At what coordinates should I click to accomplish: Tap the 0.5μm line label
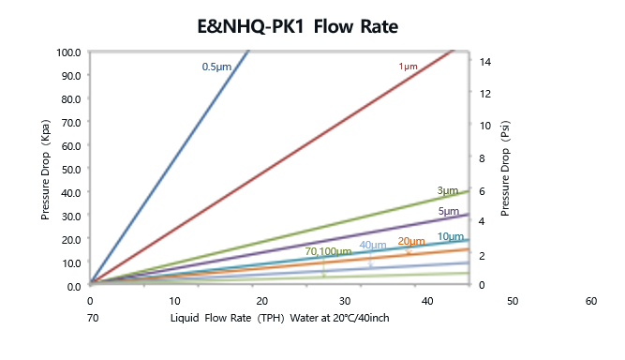216,67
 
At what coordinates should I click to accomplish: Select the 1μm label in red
408,67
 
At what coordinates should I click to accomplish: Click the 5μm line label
448,212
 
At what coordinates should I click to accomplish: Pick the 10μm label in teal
451,236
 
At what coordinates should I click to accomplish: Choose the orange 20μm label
411,242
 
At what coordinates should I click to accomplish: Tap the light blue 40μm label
373,246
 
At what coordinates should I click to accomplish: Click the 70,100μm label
328,251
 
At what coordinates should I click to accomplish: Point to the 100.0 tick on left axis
68,52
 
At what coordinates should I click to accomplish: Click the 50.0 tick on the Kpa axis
71,169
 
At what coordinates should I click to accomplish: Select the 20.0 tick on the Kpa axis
71,239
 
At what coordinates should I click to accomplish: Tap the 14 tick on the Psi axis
482,62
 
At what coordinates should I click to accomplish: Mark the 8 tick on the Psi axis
482,157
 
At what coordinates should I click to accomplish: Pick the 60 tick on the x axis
590,301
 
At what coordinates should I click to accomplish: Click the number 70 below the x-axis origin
92,318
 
